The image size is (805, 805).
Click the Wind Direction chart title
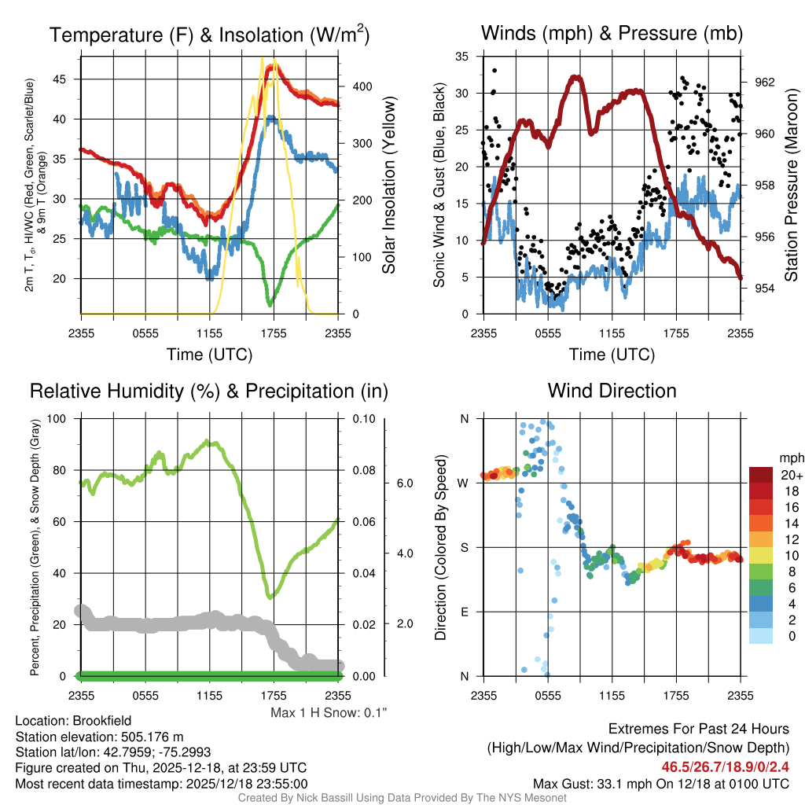pyautogui.click(x=612, y=391)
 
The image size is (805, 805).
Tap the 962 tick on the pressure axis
pyautogui.click(x=764, y=82)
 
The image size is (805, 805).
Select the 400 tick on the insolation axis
pyautogui.click(x=355, y=86)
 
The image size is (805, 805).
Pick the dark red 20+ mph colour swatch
pyautogui.click(x=762, y=475)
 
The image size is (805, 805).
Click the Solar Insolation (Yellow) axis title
pyautogui.click(x=388, y=185)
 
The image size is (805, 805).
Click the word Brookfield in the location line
pyautogui.click(x=100, y=721)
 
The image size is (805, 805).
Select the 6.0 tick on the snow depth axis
pyautogui.click(x=405, y=483)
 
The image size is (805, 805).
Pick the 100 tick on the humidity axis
pyautogui.click(x=58, y=418)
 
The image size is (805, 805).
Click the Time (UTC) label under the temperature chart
pyautogui.click(x=209, y=355)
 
